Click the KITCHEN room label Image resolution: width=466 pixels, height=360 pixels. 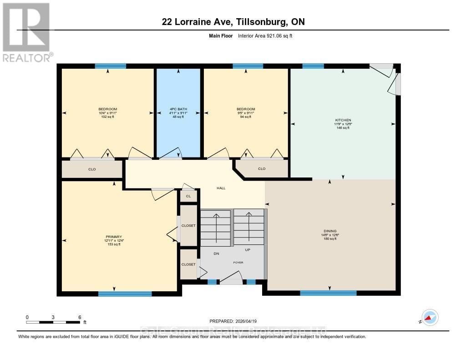click(x=343, y=120)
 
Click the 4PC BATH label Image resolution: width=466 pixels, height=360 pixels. click(x=178, y=109)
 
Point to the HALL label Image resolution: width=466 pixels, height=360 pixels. click(x=221, y=188)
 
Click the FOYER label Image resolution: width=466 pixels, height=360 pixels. click(x=238, y=263)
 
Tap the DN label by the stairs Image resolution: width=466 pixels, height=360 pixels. click(x=217, y=254)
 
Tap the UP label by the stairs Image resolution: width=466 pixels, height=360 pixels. click(x=248, y=250)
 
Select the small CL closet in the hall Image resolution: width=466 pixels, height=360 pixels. click(x=188, y=196)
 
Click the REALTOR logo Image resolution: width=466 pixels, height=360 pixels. click(x=26, y=32)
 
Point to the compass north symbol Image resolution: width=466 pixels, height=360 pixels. click(x=430, y=317)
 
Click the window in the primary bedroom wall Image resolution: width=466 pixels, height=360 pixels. click(x=125, y=294)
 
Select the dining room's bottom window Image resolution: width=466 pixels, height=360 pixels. click(x=328, y=293)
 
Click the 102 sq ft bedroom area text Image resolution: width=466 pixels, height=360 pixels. click(x=108, y=117)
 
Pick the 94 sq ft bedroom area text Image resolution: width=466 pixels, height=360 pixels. click(x=246, y=117)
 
